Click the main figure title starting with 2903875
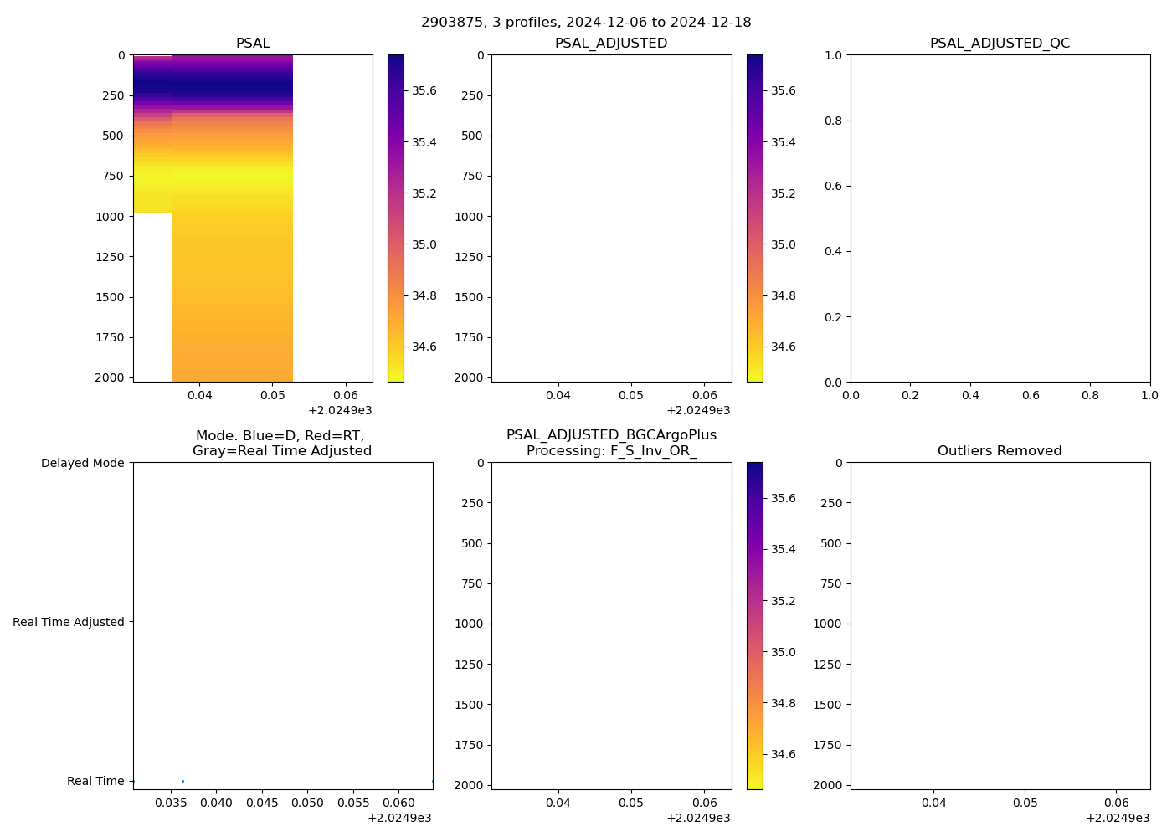586,23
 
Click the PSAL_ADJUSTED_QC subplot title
1000,44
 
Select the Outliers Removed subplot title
1000,451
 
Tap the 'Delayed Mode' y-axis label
82,463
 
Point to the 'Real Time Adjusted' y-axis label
69,622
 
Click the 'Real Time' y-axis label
95,781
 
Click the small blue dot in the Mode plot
182,781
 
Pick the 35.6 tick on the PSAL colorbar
424,90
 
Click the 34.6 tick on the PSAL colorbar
424,347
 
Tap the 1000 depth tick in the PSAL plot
110,217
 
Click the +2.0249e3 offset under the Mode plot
399,818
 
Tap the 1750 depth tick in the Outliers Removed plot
827,745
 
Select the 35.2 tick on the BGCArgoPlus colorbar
783,601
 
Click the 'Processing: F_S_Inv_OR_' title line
611,451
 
